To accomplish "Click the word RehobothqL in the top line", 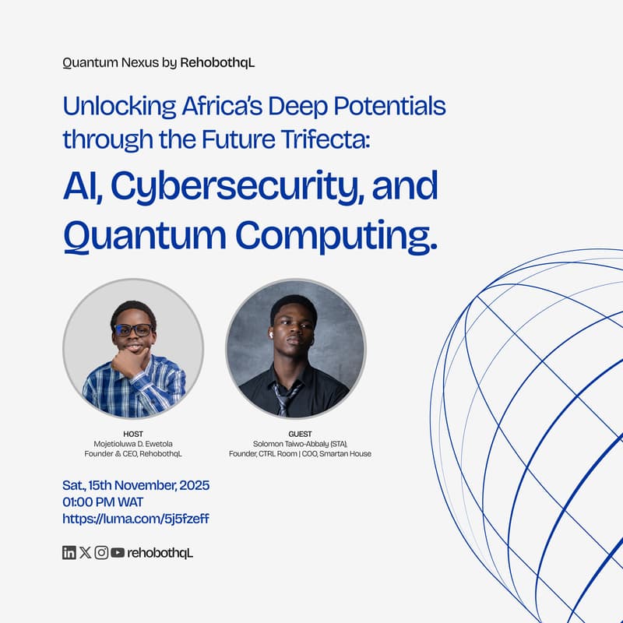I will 217,62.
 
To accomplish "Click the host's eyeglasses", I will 133,330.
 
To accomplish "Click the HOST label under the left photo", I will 133,434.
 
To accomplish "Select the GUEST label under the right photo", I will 300,434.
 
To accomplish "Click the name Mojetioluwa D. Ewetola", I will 133,444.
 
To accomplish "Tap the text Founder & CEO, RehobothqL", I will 133,454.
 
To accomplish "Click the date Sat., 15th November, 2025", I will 136,485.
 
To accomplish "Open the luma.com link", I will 136,518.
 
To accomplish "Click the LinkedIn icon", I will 69,553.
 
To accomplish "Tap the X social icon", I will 85,553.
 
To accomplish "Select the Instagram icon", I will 101,553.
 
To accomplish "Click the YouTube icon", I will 118,553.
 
